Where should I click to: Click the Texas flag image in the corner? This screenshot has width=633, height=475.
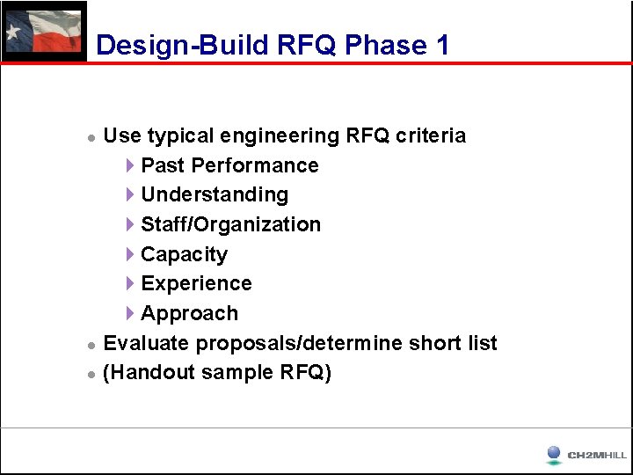tap(44, 32)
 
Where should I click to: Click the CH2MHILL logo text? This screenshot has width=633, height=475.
tap(597, 456)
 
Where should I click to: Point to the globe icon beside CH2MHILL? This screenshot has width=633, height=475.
tap(553, 454)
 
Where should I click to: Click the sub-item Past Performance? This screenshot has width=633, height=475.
tap(229, 165)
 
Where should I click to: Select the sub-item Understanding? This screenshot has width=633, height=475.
tap(215, 194)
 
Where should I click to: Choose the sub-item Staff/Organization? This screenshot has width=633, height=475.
tap(230, 224)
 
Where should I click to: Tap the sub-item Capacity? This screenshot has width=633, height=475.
tap(184, 254)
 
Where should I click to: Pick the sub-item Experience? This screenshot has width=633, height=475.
tap(196, 283)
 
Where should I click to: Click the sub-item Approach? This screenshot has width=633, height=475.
tap(189, 313)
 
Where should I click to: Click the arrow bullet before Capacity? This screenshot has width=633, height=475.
tap(130, 254)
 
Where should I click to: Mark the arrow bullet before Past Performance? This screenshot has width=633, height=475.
tap(130, 165)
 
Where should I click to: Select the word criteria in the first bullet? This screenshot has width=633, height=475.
tap(431, 135)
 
